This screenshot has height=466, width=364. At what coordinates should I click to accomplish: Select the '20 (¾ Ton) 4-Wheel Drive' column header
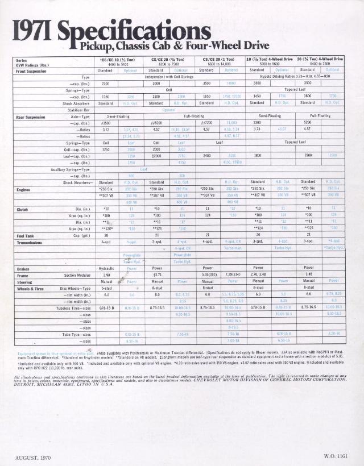(320, 59)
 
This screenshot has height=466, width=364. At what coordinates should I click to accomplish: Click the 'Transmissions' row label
(30, 242)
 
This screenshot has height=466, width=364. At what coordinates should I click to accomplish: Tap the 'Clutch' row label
(23, 209)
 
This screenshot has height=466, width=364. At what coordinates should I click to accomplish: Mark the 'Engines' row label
(24, 189)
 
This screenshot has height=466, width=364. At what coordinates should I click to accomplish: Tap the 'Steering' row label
(25, 281)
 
